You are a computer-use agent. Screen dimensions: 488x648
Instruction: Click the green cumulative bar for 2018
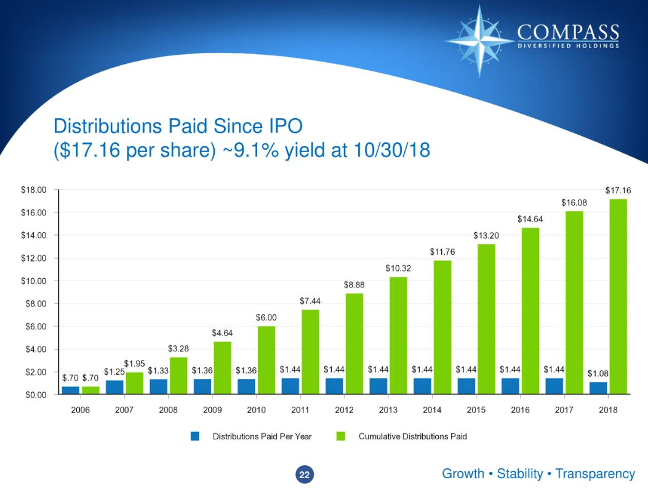(618, 296)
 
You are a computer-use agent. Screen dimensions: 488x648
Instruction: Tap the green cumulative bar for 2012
(354, 343)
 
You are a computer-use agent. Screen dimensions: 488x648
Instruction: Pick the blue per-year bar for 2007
(114, 387)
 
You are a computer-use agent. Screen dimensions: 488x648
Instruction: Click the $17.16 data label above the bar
(618, 191)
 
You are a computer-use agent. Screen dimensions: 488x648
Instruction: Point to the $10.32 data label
(398, 268)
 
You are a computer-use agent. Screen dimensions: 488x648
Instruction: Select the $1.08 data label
(598, 374)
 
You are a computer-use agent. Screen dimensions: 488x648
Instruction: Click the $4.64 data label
(222, 332)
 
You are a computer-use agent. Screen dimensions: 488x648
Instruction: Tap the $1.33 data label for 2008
(158, 370)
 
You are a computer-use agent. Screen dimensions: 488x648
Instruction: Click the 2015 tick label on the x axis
(476, 410)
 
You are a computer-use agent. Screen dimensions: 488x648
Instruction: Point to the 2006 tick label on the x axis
(80, 410)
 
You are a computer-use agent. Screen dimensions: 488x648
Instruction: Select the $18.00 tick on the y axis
(34, 190)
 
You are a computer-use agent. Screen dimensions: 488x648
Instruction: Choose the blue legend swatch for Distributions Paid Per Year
(195, 436)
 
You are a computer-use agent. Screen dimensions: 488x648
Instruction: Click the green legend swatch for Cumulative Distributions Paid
(341, 436)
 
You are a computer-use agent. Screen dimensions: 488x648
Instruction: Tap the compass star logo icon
(480, 40)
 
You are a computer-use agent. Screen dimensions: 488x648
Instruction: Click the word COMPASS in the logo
(568, 32)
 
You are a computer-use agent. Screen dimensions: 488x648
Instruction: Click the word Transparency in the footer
(594, 474)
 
